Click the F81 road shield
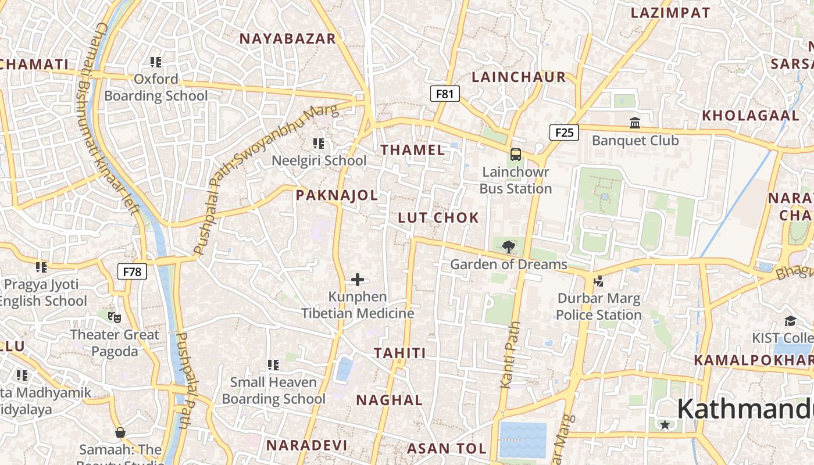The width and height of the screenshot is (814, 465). click(x=445, y=94)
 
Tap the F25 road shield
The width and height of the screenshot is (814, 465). click(x=564, y=133)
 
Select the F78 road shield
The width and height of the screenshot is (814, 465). click(x=132, y=271)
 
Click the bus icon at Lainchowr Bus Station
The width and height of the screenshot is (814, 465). click(x=516, y=155)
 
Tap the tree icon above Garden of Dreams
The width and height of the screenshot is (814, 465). click(x=509, y=246)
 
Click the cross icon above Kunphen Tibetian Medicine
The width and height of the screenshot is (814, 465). click(x=358, y=280)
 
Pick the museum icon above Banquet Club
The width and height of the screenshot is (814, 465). click(x=635, y=123)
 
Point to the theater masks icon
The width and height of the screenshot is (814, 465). click(x=115, y=317)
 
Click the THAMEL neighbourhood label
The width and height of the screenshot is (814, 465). click(x=413, y=150)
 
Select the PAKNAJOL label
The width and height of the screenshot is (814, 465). click(x=337, y=195)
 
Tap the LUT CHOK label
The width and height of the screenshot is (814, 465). click(x=438, y=218)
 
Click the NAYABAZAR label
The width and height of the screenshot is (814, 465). click(x=288, y=39)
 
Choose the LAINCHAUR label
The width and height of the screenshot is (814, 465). click(x=519, y=77)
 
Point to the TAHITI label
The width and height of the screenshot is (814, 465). click(x=400, y=353)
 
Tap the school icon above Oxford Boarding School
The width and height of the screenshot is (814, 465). click(x=155, y=62)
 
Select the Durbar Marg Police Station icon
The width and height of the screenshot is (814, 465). click(x=598, y=282)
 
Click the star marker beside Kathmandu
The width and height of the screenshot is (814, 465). click(x=665, y=425)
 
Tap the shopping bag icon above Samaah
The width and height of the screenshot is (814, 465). click(x=120, y=432)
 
